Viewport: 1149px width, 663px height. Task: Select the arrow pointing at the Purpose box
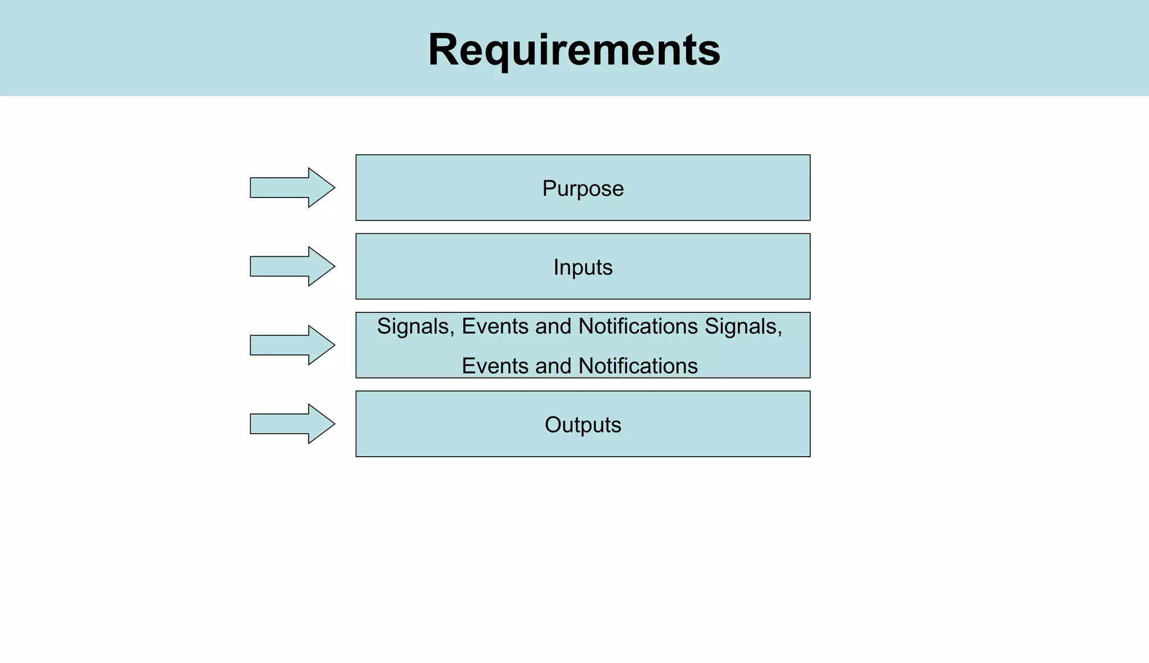[292, 187]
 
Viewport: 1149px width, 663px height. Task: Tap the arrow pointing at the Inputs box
[292, 266]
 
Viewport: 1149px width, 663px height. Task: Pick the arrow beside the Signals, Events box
[292, 345]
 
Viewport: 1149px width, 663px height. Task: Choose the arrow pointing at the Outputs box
[292, 424]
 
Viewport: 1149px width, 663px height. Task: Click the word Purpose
[583, 188]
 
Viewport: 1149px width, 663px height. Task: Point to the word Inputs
[583, 268]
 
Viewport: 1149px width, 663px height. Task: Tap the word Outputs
[583, 425]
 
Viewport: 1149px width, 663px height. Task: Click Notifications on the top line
[638, 326]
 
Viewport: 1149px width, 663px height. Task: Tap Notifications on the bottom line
[638, 366]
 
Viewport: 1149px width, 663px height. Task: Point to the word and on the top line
[553, 326]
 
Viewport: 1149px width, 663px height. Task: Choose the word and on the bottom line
[553, 366]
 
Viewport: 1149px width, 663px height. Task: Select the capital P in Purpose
[548, 188]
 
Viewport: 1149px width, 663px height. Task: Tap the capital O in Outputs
[553, 425]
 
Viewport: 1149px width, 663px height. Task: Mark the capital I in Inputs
[555, 268]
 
